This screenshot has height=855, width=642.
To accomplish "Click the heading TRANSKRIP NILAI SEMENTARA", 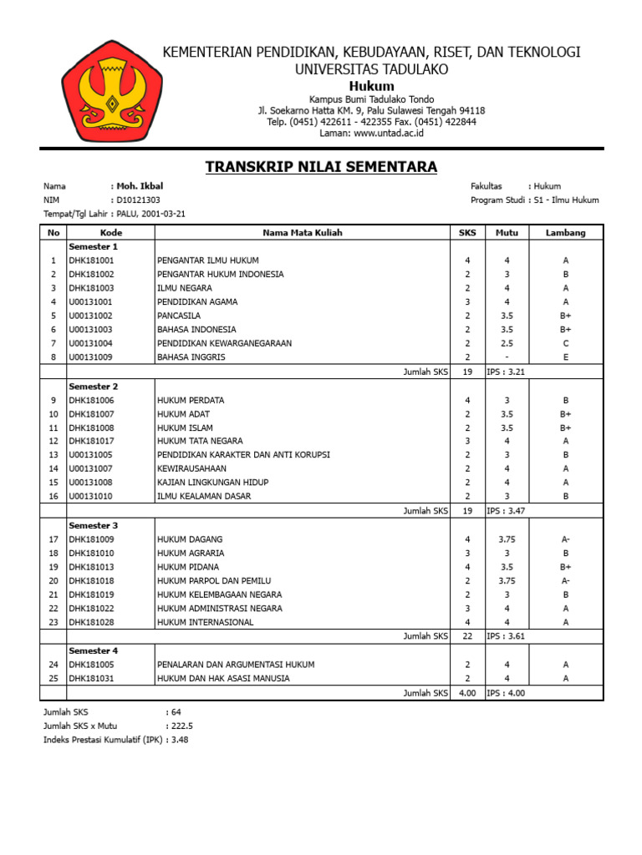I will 321,167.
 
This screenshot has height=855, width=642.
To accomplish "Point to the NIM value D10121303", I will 138,200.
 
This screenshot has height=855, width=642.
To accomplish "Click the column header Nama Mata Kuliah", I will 302,233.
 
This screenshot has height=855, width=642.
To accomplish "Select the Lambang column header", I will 566,233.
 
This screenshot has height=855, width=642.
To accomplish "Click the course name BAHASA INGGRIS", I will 191,357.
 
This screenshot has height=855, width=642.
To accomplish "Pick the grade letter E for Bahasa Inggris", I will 566,357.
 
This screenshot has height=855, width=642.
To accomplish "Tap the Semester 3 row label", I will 94,525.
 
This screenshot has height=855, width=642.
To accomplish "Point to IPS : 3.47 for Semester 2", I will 507,511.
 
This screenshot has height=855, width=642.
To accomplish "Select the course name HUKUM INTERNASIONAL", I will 205,622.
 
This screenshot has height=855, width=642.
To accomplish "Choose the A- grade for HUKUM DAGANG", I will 566,539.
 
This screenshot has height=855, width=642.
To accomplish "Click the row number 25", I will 53,679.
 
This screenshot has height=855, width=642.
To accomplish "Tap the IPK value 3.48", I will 180,740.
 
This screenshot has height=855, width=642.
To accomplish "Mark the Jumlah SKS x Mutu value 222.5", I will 181,726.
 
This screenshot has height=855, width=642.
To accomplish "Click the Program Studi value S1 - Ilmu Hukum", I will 566,200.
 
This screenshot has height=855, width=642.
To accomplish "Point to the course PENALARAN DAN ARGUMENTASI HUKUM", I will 236,665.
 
